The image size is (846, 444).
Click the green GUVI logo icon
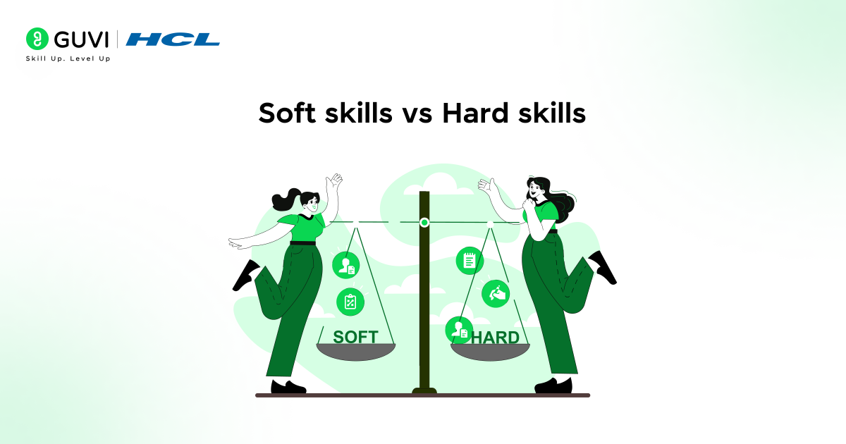coord(37,38)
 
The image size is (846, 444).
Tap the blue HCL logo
coord(173,39)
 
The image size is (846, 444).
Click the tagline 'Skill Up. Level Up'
coord(68,58)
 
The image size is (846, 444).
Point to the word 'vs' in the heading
coord(417,113)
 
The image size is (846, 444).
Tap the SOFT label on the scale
coord(355,336)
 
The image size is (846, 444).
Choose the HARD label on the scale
coord(495,338)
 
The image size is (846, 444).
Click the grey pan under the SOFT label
coord(356,352)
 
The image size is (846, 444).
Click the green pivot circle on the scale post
coord(424,223)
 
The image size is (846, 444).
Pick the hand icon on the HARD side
coord(496,293)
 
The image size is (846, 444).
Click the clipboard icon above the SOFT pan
coord(350,302)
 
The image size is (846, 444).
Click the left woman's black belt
coord(302,243)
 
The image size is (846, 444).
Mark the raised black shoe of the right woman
coord(603,267)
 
